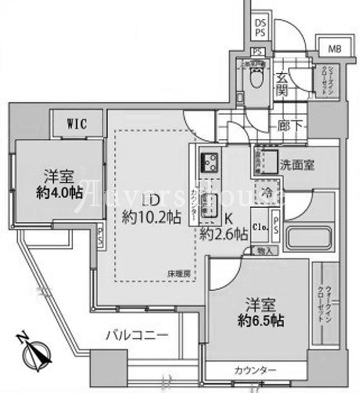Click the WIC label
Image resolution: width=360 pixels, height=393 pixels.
[x=76, y=123]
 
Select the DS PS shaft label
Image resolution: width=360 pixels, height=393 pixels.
[x=260, y=28]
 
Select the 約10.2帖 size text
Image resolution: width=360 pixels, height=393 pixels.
[x=151, y=217]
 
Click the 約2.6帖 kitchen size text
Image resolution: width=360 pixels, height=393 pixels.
[x=224, y=234]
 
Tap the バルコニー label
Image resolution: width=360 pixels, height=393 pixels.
[x=137, y=336]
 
